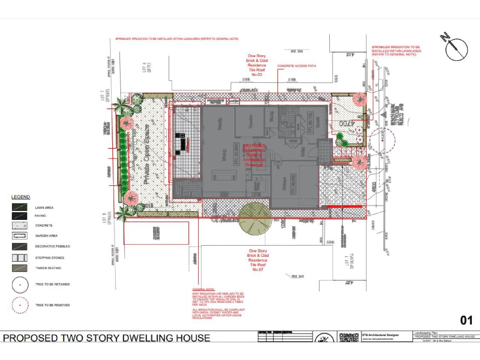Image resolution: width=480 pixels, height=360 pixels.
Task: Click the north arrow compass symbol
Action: [x=456, y=49]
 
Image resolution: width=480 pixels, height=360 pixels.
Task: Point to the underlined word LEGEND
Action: [x=21, y=197]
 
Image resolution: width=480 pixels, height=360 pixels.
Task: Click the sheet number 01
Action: [x=466, y=320]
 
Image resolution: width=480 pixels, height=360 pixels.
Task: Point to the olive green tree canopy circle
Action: [x=254, y=218]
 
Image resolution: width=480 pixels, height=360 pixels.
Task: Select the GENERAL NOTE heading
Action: [x=204, y=290]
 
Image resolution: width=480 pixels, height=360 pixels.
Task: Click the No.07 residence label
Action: [x=258, y=270]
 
